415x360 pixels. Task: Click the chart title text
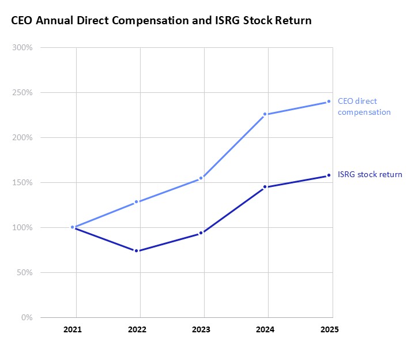161,21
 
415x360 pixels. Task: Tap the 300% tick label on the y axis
23,47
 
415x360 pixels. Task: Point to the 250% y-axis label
23,92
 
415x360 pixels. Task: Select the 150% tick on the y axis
23,182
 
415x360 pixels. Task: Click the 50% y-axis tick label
25,272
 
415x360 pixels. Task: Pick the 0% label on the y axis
27,317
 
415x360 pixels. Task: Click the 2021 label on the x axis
73,330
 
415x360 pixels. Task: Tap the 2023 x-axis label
201,330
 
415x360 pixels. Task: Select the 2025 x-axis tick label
329,330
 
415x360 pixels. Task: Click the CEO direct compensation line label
364,107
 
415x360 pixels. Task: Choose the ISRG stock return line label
369,174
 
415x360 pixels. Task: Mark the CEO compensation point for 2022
137,202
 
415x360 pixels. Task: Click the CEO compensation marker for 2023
201,178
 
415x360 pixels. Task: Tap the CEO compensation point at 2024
265,114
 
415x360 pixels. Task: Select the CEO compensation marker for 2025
329,102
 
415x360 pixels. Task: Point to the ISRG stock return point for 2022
137,251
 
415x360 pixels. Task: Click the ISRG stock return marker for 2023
201,233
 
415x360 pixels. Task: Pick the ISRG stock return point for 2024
265,187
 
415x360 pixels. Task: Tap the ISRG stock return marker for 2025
329,175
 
